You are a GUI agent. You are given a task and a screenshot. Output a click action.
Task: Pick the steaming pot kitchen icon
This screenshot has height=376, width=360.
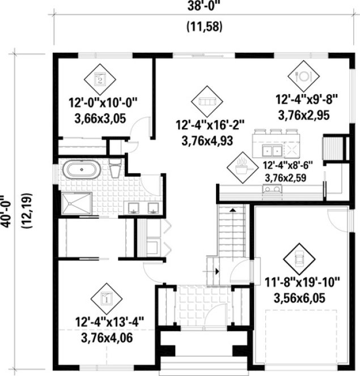(x=240, y=167)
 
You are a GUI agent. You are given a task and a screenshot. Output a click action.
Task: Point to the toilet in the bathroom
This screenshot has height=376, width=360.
(x=115, y=168)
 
